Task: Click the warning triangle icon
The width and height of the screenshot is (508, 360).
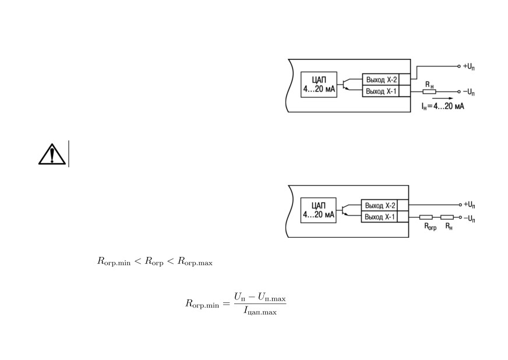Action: click(52, 154)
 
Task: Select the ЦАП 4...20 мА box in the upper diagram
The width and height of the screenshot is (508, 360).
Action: click(319, 84)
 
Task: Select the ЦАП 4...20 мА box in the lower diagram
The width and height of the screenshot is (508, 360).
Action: click(319, 210)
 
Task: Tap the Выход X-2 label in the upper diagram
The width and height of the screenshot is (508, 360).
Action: click(382, 79)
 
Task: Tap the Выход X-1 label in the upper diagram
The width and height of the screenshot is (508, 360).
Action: click(381, 91)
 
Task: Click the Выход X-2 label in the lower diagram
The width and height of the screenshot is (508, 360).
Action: click(380, 206)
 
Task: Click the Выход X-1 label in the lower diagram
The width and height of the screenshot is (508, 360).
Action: click(380, 217)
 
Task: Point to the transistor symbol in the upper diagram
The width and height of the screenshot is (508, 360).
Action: click(345, 84)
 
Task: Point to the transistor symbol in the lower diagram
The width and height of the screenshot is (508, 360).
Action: click(345, 210)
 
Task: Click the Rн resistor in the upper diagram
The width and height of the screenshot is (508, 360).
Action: click(429, 91)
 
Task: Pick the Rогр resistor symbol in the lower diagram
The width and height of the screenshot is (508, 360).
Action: click(426, 217)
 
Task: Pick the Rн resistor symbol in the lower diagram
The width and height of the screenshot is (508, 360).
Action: click(447, 217)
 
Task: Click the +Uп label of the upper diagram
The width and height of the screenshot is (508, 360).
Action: click(469, 66)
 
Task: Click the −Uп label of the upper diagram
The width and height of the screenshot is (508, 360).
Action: click(469, 92)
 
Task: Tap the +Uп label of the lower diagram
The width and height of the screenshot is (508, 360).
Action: click(469, 204)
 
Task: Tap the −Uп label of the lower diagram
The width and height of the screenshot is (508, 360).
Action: click(469, 218)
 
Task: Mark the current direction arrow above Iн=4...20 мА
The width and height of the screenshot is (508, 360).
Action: click(443, 98)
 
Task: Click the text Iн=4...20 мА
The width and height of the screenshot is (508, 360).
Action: click(443, 106)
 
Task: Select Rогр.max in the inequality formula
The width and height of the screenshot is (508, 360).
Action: click(195, 262)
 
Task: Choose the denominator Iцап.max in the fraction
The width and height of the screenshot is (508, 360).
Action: click(260, 312)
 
